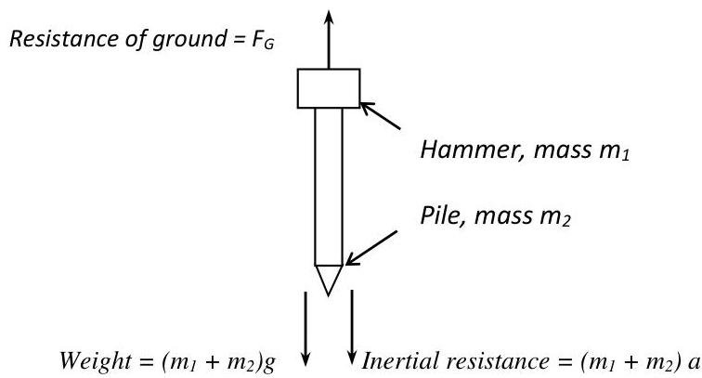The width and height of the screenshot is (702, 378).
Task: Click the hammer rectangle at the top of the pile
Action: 328,88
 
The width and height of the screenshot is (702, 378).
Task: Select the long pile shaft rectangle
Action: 328,186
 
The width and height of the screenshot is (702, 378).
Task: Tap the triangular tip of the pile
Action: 328,278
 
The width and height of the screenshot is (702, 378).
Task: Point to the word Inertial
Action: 396,358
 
